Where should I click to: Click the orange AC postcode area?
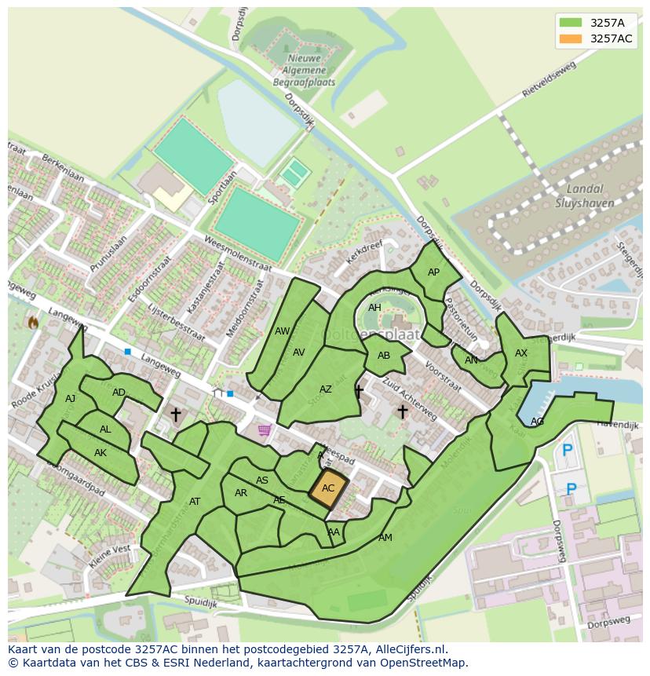point(328,488)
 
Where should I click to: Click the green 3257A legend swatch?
point(571,22)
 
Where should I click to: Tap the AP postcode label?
point(433,272)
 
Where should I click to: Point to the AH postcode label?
point(374,308)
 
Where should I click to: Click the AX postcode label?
point(521,353)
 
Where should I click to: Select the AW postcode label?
point(282,331)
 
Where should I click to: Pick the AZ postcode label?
point(326,389)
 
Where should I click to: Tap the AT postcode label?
point(195,502)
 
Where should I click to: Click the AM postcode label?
point(385,538)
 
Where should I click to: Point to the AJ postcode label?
point(71,399)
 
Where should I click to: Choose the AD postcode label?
point(119,393)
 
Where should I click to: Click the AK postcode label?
point(100,453)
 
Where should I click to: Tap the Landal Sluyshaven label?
point(584,195)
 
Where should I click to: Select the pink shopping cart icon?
point(265,429)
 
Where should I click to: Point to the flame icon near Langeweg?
point(33,322)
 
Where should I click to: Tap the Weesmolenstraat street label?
point(237,254)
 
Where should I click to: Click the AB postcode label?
point(384,356)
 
